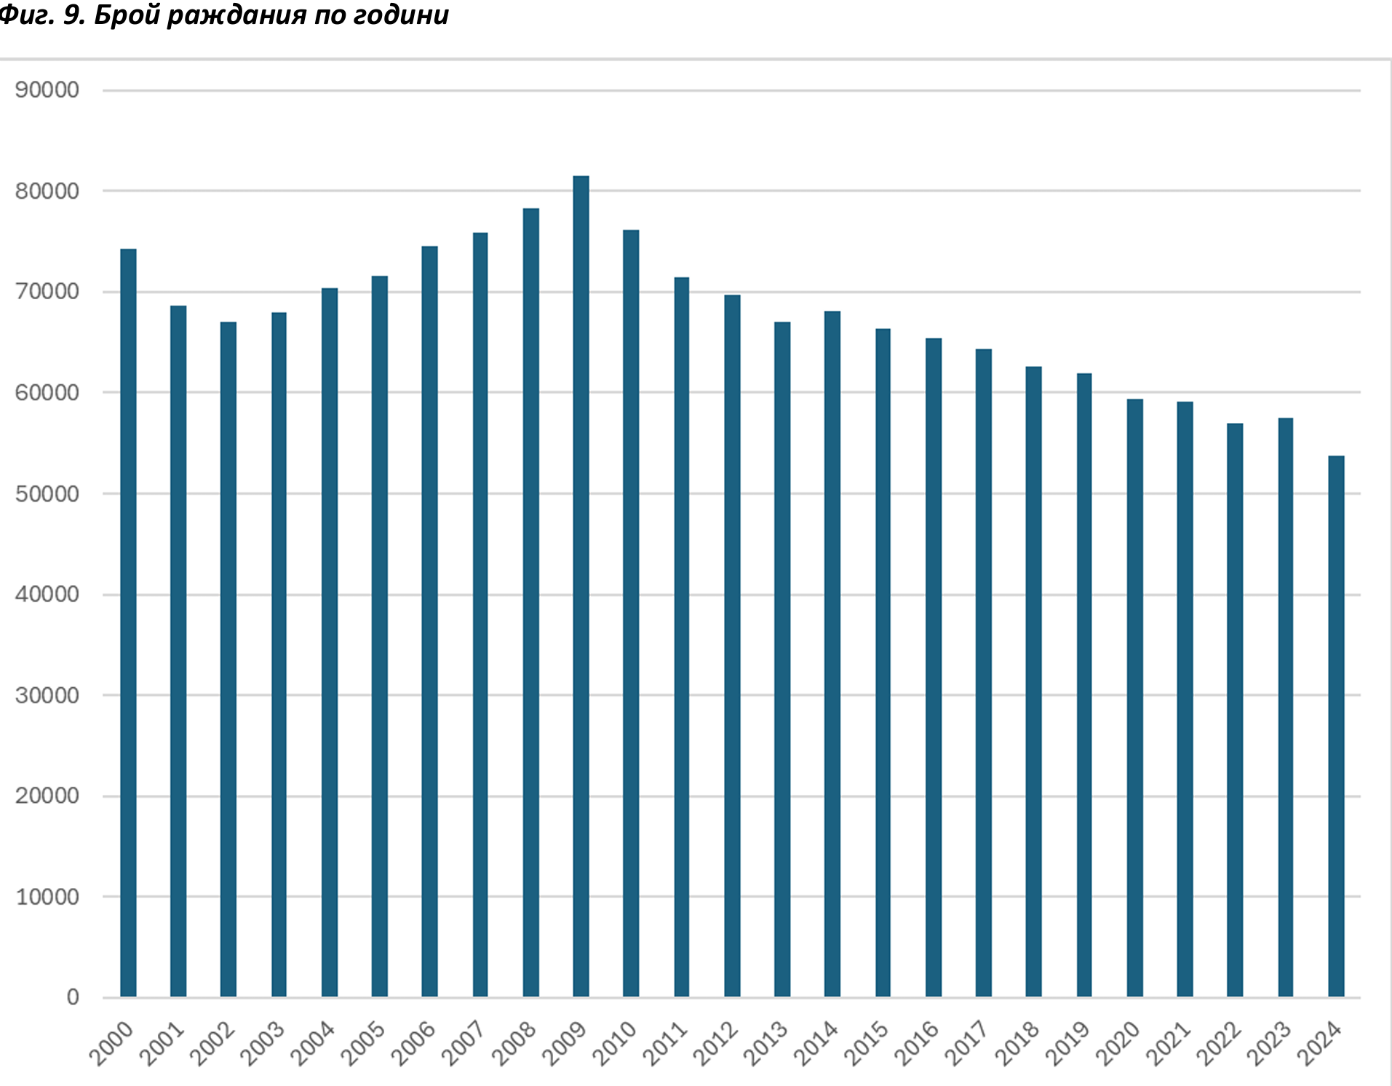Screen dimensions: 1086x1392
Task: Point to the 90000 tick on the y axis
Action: pos(47,90)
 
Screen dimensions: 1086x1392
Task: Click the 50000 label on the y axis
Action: pos(47,494)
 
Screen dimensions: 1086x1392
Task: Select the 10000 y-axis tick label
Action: pos(47,897)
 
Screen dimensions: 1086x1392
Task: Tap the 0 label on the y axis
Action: pos(73,997)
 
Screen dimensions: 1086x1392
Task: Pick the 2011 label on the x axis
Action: pos(666,1044)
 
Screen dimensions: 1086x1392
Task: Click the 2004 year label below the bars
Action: pos(314,1044)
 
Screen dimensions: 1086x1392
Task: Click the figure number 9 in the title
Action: pos(71,15)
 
